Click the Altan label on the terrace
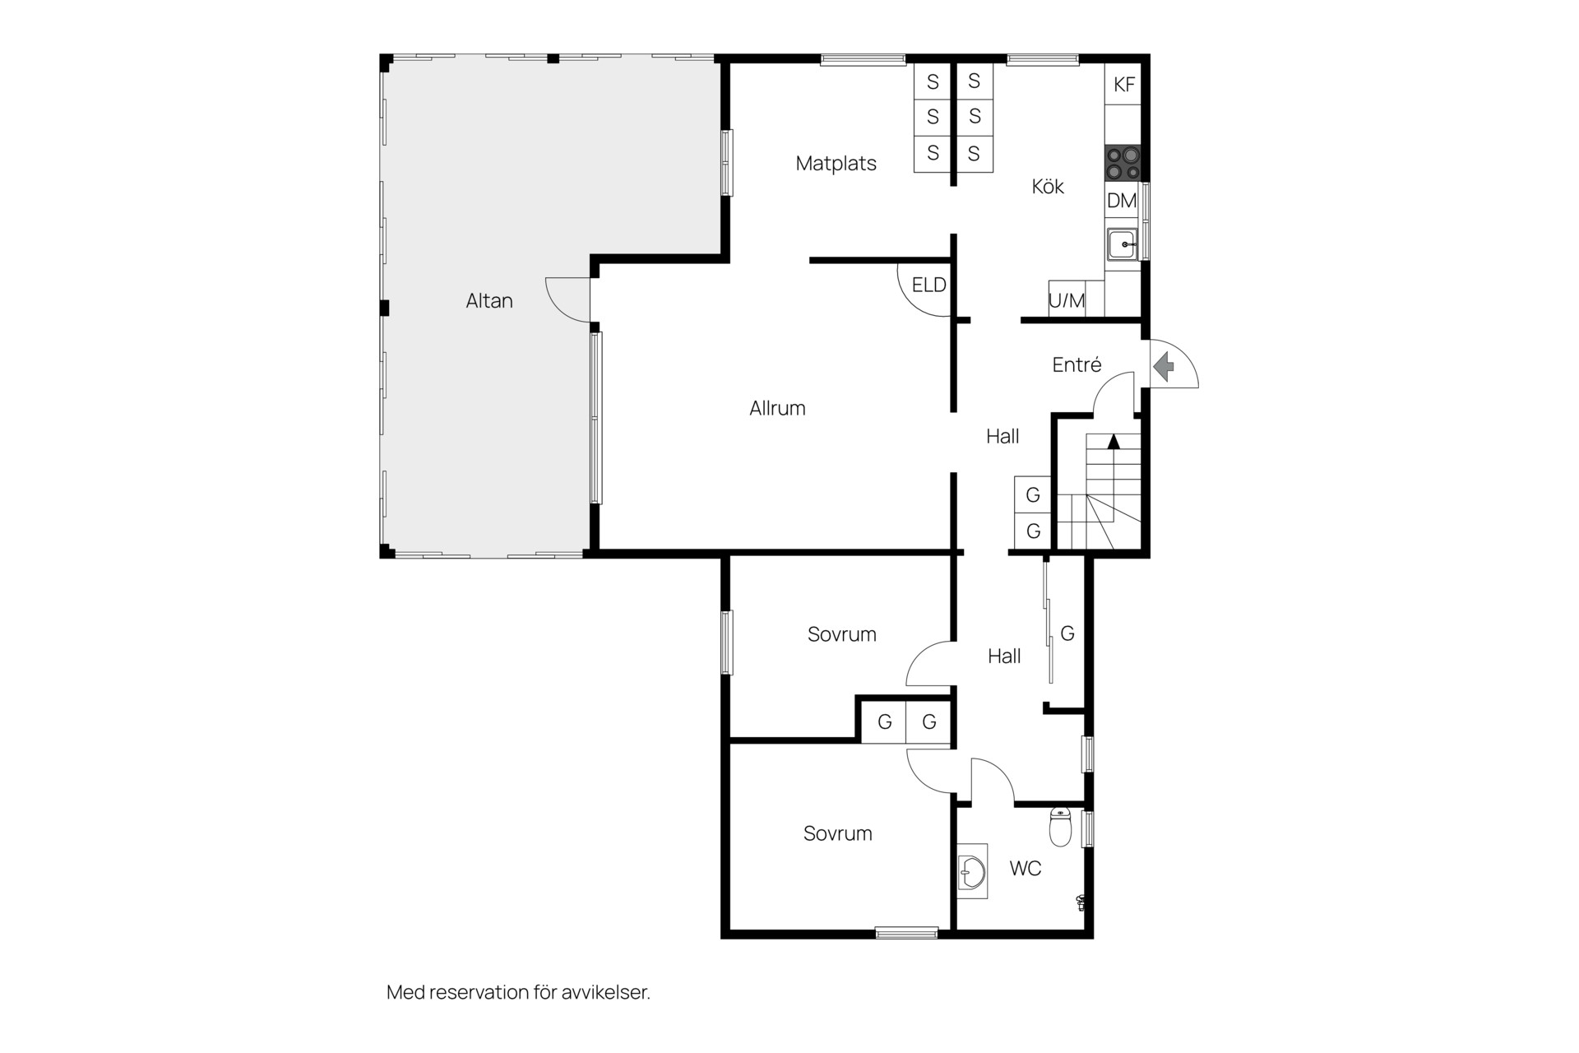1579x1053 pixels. (489, 301)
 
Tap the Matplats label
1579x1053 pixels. (836, 164)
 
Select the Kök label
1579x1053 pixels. (1048, 187)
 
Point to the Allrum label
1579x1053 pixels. (777, 408)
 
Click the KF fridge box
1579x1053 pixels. (1123, 84)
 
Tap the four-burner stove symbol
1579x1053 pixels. (1123, 163)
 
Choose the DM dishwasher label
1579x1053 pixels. (1122, 201)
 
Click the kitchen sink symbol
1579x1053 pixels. (1122, 244)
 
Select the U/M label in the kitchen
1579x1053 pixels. (1067, 301)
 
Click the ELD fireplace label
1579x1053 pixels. (929, 285)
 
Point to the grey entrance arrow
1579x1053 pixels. (1164, 366)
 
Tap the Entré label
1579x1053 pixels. (1077, 364)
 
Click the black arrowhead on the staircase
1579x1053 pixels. (1114, 441)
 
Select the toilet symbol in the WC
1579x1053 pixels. (1061, 827)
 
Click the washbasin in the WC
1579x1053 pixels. (972, 871)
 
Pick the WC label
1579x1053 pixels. (1026, 869)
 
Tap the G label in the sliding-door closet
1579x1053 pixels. (1067, 633)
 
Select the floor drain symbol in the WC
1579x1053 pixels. (1081, 902)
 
